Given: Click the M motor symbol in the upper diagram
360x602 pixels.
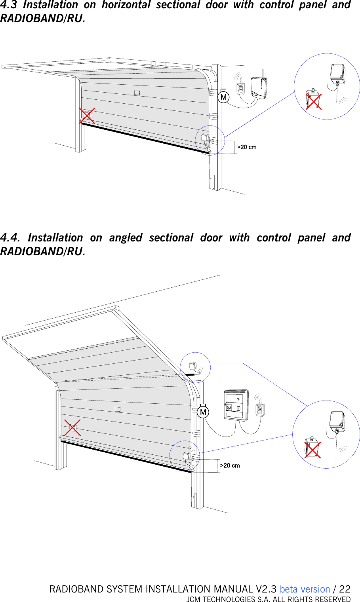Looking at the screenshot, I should point(223,97).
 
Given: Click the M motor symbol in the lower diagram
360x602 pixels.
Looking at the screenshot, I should point(203,412).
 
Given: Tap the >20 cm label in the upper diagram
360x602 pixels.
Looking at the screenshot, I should point(247,147).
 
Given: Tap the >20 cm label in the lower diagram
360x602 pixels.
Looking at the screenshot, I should point(230,466).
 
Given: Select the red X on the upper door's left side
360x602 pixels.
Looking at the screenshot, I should point(87,116).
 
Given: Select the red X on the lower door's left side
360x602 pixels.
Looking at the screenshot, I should point(72,428).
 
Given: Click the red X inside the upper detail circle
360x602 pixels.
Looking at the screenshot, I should point(313,101).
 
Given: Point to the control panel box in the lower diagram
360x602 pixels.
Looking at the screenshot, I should point(236,406).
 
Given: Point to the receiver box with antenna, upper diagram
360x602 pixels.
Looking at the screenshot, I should point(259,88).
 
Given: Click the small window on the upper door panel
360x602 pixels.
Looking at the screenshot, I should point(137,93).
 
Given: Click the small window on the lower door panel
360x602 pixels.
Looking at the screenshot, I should point(118,409).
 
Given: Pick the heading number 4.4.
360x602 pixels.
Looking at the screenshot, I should point(10,238).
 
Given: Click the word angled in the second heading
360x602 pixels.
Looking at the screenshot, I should point(126,238).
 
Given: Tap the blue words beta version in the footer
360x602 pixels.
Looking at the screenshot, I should point(305,589).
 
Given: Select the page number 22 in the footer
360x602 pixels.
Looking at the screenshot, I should point(345,589).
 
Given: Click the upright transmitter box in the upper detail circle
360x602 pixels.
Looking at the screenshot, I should point(337,74).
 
